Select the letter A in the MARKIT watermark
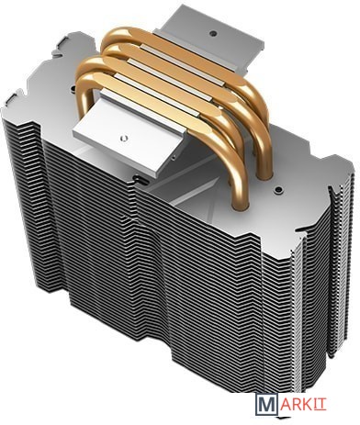pos(284,404)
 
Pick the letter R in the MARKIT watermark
pos(296,404)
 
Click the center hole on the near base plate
pos(123,138)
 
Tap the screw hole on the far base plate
pos(212,32)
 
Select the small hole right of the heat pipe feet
pos(278,190)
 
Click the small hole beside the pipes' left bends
pos(73,89)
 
